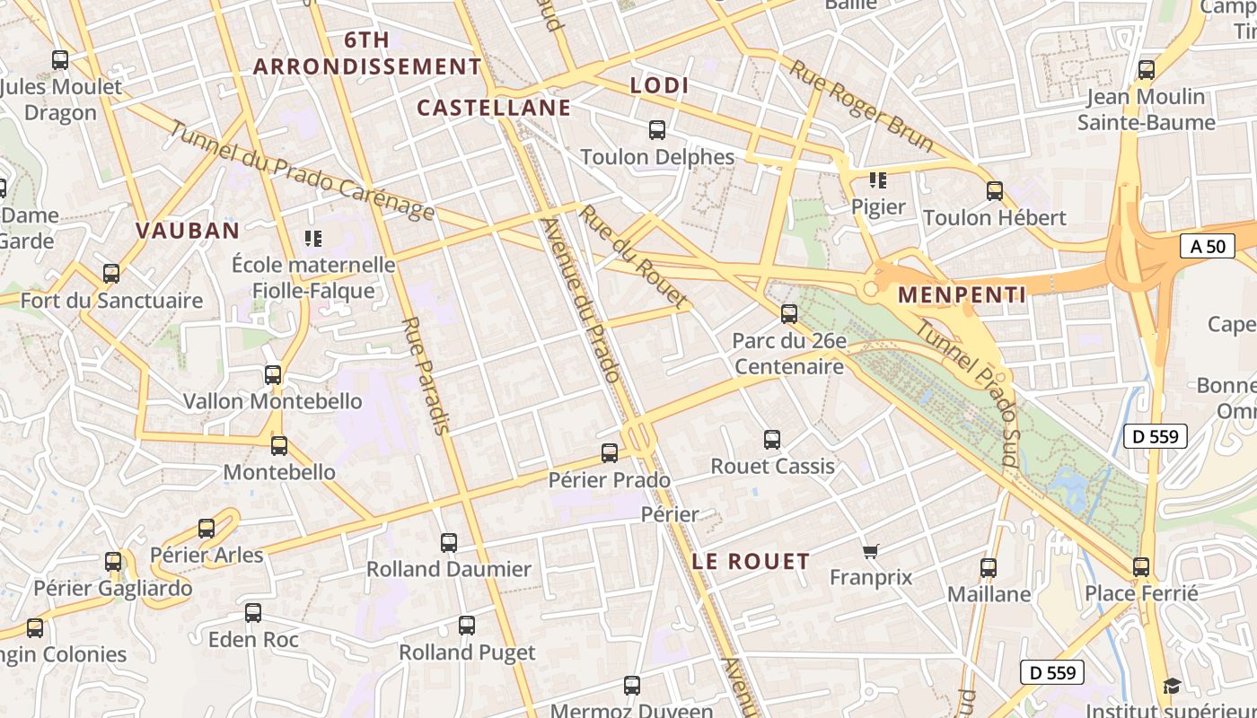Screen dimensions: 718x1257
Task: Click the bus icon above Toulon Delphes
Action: (x=657, y=130)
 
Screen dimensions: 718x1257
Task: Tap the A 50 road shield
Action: (x=1207, y=246)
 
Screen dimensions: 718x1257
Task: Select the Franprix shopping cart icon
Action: (x=869, y=551)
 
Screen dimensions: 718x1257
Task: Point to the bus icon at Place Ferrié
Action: (x=1141, y=567)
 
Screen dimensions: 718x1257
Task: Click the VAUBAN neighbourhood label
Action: (x=188, y=231)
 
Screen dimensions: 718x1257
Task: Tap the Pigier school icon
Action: (x=878, y=180)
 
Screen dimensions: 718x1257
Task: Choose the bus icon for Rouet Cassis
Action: (x=772, y=440)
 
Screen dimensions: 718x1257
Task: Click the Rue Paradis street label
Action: (x=426, y=375)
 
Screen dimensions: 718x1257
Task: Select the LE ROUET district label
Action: (x=751, y=562)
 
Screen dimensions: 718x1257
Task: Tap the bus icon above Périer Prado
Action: (x=610, y=453)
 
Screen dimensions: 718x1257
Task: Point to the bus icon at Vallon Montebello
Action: (x=273, y=375)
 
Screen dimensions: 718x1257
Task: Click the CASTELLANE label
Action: (x=494, y=109)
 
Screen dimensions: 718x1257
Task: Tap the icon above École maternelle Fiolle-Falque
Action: (x=313, y=238)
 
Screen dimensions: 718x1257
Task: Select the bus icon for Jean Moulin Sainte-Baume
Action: (x=1147, y=70)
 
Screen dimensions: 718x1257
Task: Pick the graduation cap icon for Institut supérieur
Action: (x=1172, y=687)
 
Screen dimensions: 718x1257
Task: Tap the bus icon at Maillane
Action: (x=989, y=568)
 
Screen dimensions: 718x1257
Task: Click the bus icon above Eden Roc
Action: (x=253, y=613)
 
